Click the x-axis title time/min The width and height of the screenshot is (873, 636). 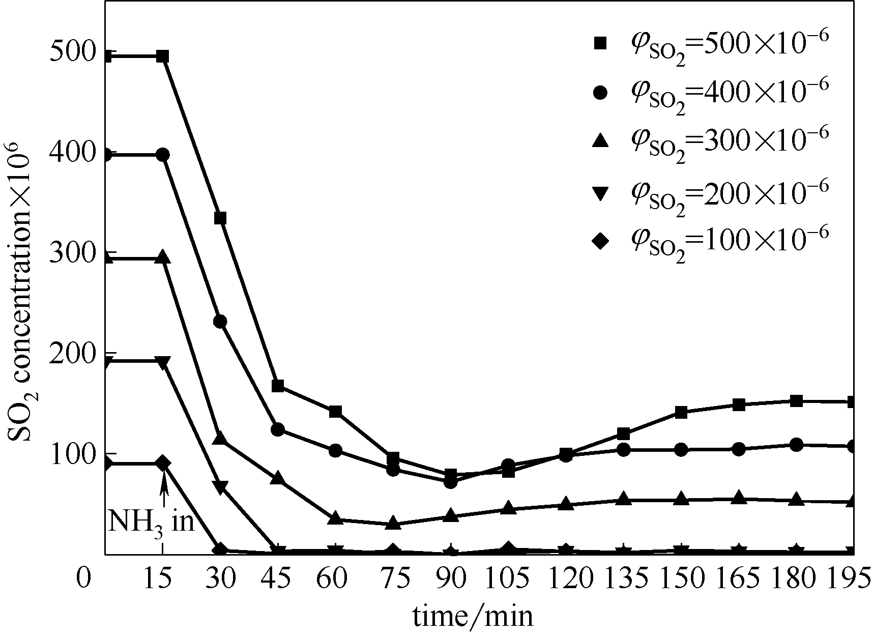coord(473,616)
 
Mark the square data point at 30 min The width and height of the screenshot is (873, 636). coord(220,218)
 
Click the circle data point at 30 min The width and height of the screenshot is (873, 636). coord(220,322)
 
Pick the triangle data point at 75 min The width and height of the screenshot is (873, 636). coord(393,523)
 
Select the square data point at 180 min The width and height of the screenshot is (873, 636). coord(797,400)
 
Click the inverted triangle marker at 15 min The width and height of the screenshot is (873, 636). coord(163,362)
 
